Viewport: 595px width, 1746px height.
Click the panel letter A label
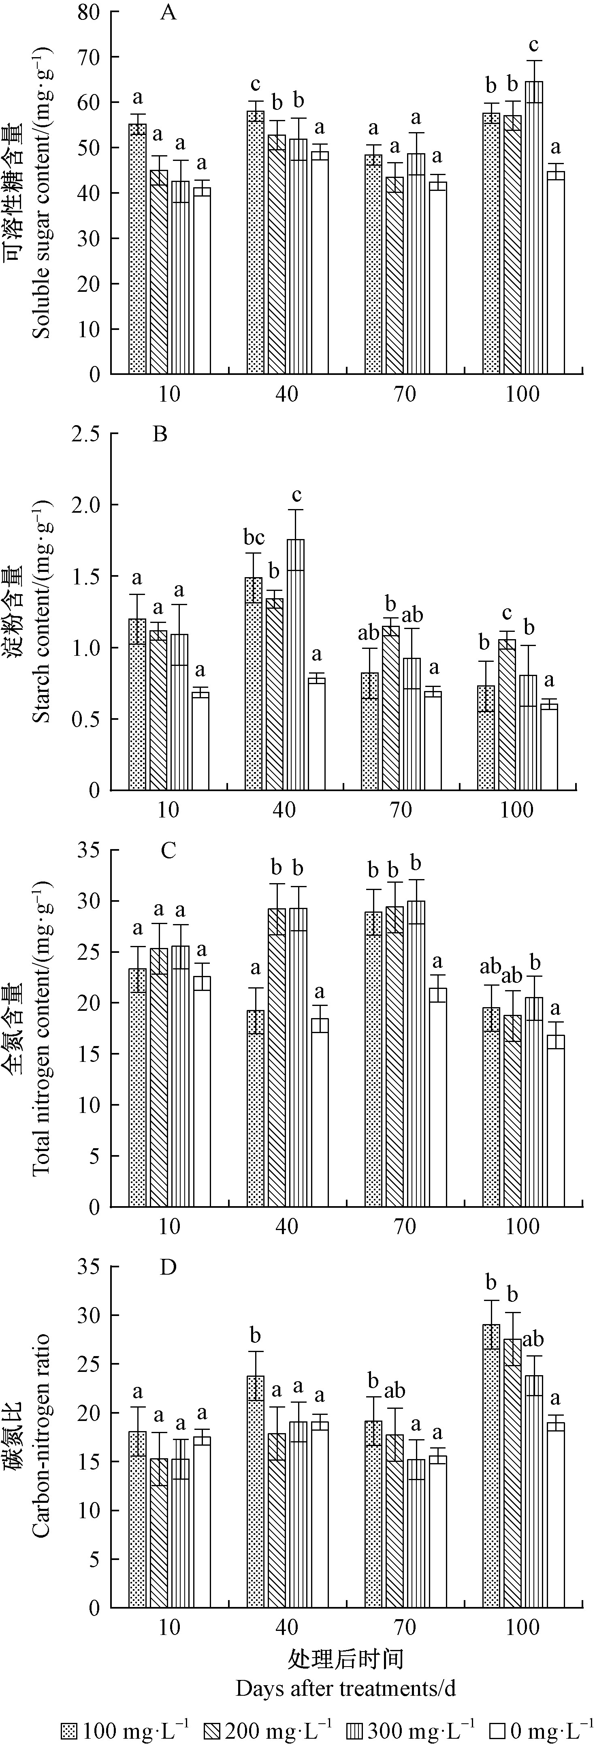click(168, 13)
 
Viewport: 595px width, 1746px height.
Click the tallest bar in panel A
click(534, 227)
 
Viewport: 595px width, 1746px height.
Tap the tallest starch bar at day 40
click(296, 664)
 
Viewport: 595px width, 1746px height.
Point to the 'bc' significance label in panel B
click(254, 537)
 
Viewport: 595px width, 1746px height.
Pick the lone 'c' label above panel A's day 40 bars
click(256, 85)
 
